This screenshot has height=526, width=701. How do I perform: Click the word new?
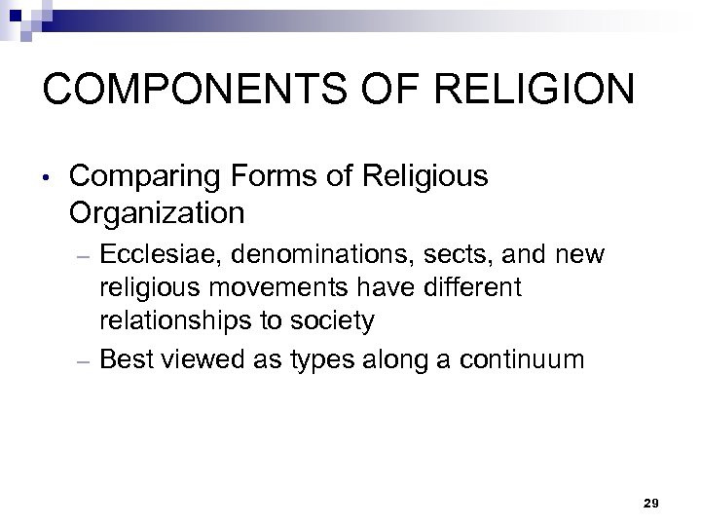click(581, 255)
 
